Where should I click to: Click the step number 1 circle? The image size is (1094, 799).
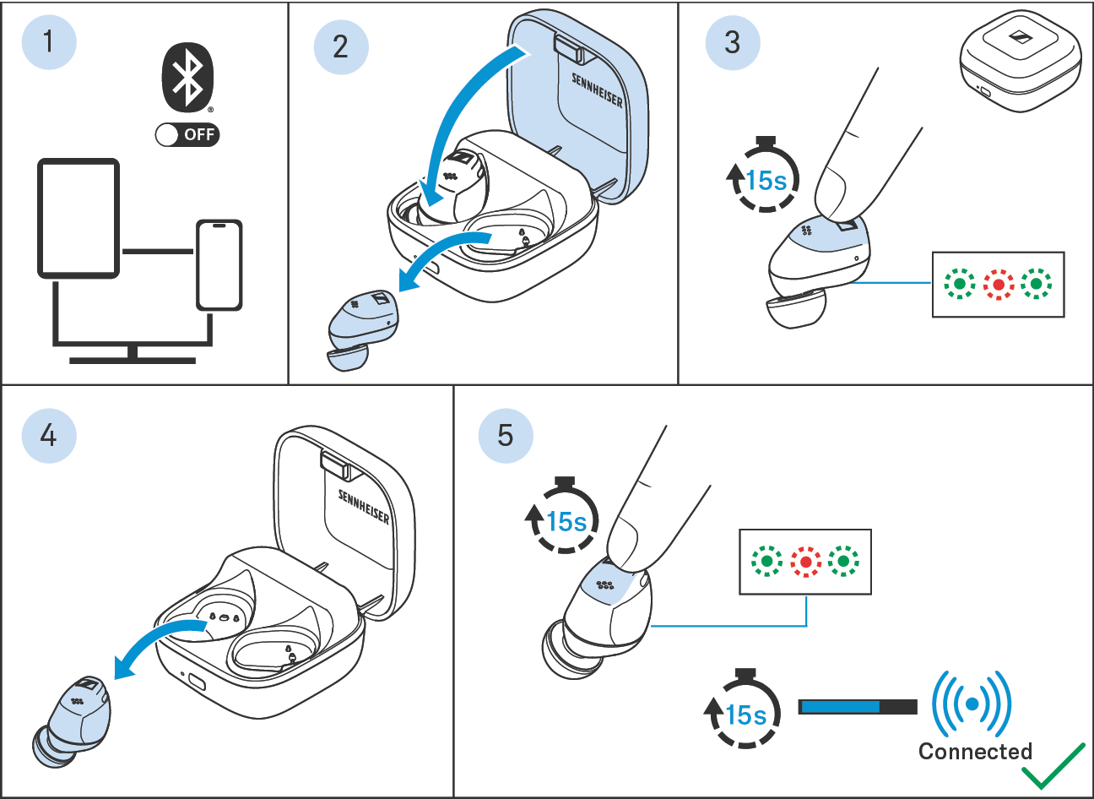pos(48,41)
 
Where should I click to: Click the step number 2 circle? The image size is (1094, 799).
pos(340,46)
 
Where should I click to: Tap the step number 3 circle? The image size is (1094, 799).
pos(732,41)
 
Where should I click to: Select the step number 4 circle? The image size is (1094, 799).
pos(49,435)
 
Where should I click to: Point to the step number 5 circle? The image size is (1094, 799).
pos(505,435)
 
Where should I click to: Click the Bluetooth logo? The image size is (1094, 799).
pos(187,77)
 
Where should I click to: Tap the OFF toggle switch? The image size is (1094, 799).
pos(187,134)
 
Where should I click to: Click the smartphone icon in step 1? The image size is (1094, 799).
pos(219,265)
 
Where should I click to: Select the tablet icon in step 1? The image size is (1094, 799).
pos(79,218)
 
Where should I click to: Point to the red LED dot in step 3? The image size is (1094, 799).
pos(999,285)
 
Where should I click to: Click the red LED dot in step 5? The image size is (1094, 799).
pos(805,561)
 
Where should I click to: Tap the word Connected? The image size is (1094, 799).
pos(975,751)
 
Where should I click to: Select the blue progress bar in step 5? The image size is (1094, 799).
pos(840,706)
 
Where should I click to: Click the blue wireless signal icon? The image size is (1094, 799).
pos(972,703)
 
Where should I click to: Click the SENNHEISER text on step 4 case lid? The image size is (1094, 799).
pos(364,506)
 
